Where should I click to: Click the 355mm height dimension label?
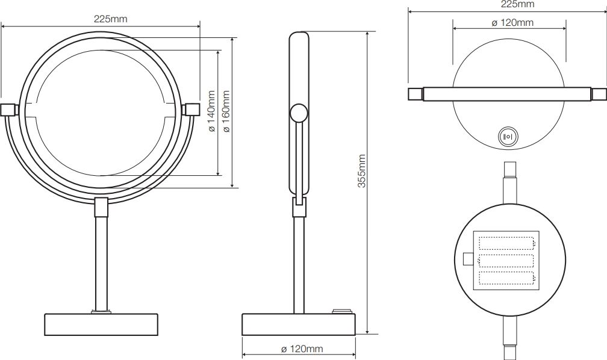point(361,171)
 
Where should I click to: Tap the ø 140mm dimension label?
point(212,111)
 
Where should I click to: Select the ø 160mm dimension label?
point(227,111)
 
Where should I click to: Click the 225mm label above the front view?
point(110,19)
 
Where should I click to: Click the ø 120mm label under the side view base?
point(302,349)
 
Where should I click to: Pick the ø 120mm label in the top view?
point(512,22)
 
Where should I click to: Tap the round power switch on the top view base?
point(507,137)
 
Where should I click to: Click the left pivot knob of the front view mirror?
point(8,110)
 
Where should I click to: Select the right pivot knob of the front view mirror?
point(192,110)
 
